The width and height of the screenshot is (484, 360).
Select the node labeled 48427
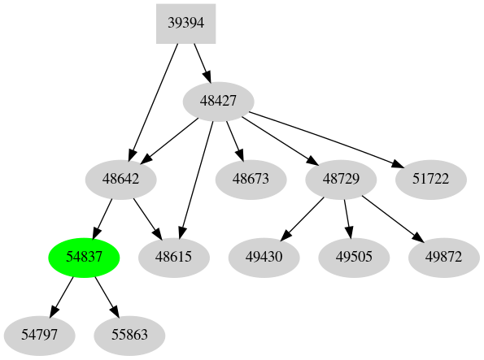(x=218, y=102)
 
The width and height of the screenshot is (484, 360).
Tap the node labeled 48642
(x=121, y=179)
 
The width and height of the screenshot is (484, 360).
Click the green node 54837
(x=85, y=257)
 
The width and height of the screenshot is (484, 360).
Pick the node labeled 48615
(x=174, y=257)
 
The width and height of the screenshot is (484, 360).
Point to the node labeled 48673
(x=250, y=179)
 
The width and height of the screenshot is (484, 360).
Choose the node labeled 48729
(x=341, y=179)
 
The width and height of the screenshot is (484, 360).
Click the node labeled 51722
(x=431, y=179)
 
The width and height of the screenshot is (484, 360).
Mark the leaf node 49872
(x=443, y=257)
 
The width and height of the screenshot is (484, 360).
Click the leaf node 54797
(x=39, y=334)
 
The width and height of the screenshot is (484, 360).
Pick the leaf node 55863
(x=129, y=334)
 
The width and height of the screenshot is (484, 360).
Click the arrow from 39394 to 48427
(x=202, y=63)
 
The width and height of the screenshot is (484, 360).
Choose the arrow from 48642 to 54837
(x=103, y=218)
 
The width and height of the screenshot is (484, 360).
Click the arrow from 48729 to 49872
(x=392, y=218)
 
